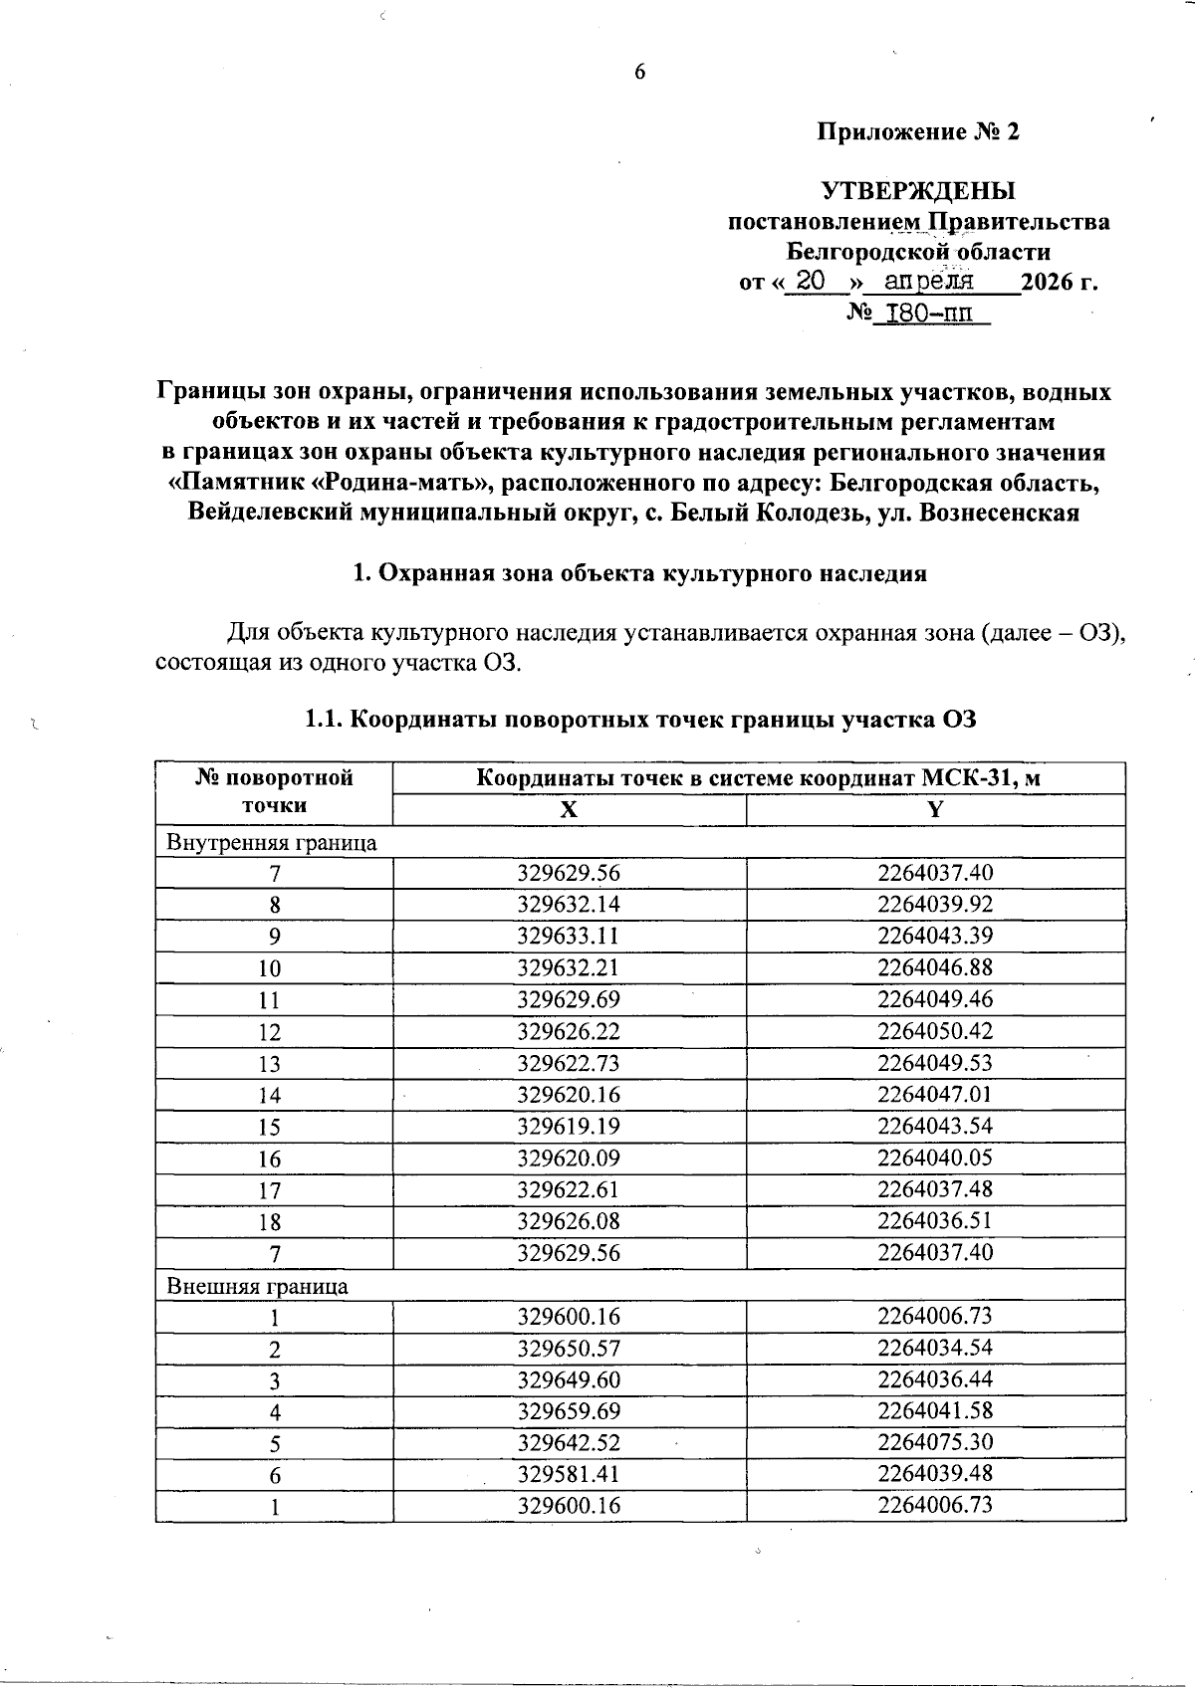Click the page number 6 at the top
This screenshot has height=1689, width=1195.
639,72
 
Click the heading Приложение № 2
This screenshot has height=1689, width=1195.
918,132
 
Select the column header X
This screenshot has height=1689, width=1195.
569,809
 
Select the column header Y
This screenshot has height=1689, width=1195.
935,809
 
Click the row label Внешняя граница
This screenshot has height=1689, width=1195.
258,1286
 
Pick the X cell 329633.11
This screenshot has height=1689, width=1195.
569,937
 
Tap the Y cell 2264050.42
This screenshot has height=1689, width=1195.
935,1031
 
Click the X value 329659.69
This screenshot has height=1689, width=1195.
569,1411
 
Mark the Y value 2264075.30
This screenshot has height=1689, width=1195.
935,1442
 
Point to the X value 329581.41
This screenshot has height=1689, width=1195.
569,1474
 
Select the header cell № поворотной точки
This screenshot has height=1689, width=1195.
275,792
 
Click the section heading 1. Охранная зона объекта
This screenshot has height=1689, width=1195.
640,573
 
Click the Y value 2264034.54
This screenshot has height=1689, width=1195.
935,1348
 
